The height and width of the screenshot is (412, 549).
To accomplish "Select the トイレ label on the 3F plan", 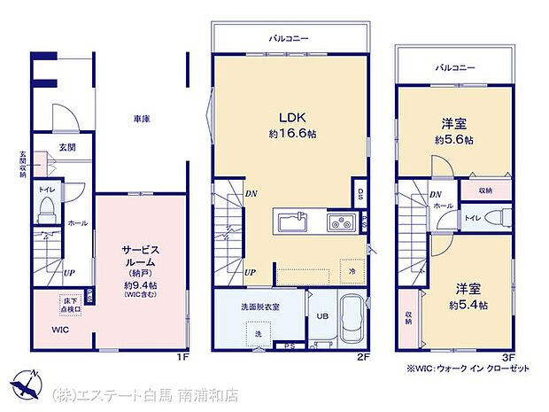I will (474, 218).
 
